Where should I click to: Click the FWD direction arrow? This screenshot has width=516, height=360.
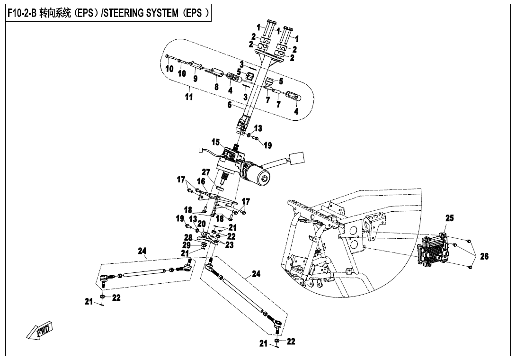coord(40,330)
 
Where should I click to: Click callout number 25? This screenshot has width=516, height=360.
coord(449,218)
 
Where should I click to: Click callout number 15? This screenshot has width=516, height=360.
coord(215,142)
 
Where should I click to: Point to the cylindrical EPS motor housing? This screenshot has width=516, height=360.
coord(256,174)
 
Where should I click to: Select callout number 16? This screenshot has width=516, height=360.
coord(201,181)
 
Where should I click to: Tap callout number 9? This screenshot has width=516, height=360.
coord(195,78)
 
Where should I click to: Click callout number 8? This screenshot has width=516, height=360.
coord(216,87)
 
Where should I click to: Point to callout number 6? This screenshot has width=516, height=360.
coord(229,105)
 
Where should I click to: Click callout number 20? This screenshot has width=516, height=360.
coord(202,224)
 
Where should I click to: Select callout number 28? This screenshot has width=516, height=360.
coord(188,237)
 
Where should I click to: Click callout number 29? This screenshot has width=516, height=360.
coord(188,245)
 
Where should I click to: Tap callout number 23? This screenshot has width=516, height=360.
coord(230,245)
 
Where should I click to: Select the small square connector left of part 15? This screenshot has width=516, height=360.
coord(202,152)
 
